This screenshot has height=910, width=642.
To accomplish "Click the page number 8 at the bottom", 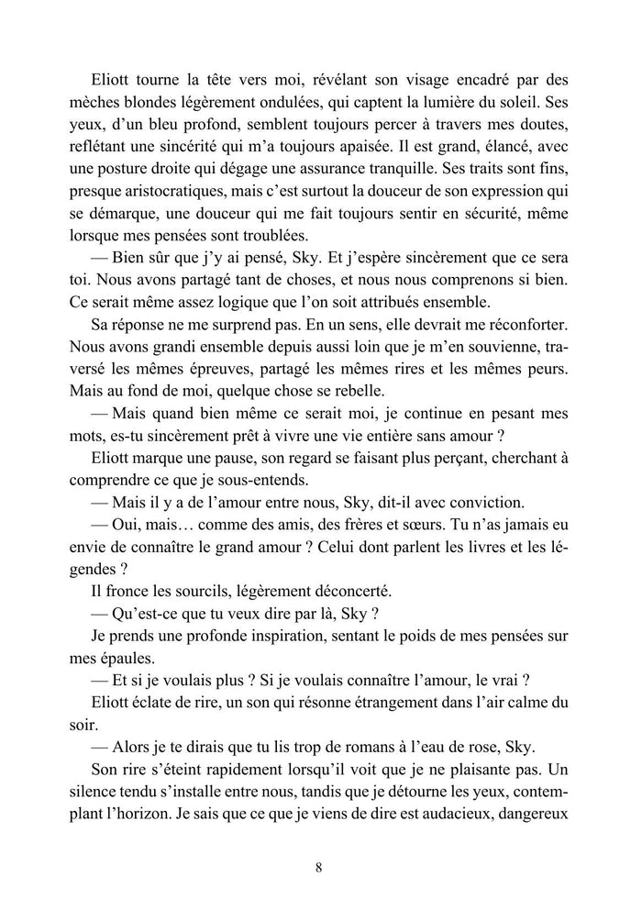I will coord(317,865).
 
